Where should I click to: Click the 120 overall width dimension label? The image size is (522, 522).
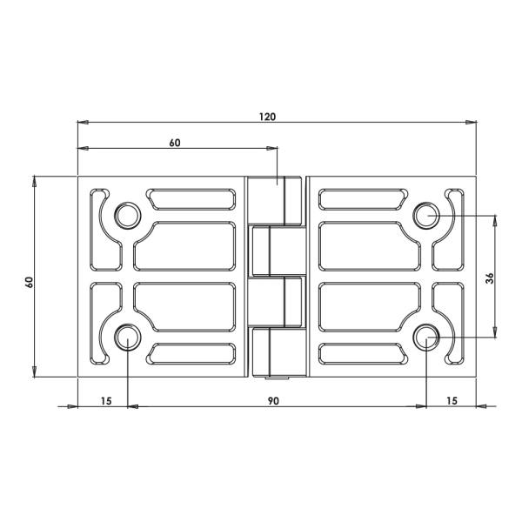(x=267, y=117)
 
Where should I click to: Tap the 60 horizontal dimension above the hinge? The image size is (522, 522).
(x=175, y=144)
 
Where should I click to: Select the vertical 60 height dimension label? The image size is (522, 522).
(x=30, y=282)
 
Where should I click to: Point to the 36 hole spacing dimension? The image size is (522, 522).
(x=489, y=278)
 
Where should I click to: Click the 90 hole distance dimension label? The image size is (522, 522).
(x=273, y=401)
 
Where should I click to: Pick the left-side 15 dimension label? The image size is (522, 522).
(x=106, y=401)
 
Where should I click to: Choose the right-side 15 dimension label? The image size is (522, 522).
(x=452, y=401)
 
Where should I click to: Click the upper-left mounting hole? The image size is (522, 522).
(x=128, y=214)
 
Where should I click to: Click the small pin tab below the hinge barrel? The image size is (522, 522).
(x=277, y=380)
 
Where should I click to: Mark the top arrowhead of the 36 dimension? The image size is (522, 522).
(x=495, y=218)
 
